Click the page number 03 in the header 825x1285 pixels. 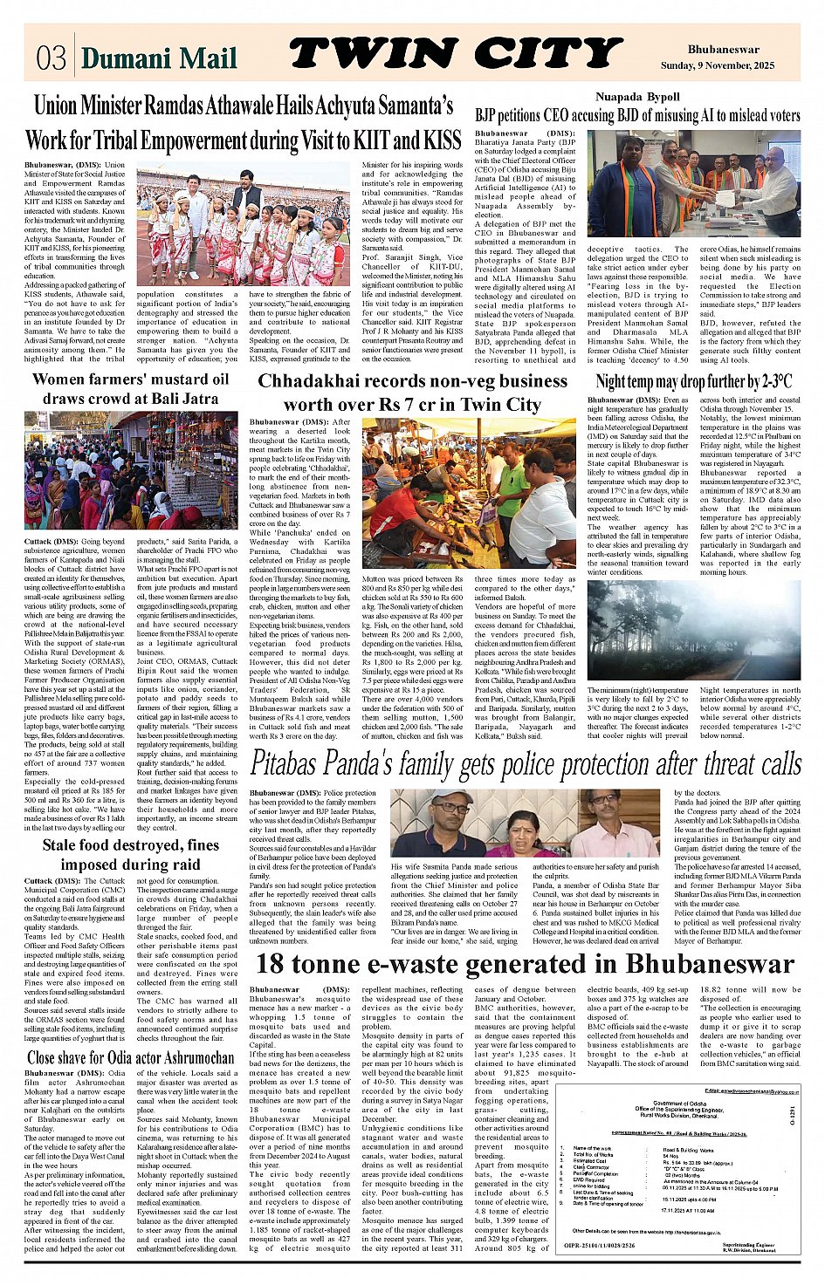(51, 58)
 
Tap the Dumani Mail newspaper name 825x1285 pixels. (159, 58)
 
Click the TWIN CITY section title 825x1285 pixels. (455, 54)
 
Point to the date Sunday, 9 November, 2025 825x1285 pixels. (729, 65)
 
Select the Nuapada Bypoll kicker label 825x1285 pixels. (637, 97)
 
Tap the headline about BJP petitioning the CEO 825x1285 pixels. (637, 114)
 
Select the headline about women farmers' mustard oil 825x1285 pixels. (131, 388)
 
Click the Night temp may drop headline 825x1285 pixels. (693, 381)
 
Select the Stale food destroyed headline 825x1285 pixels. (131, 854)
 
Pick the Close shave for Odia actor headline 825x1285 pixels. (131, 1058)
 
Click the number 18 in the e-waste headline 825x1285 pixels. (271, 964)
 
